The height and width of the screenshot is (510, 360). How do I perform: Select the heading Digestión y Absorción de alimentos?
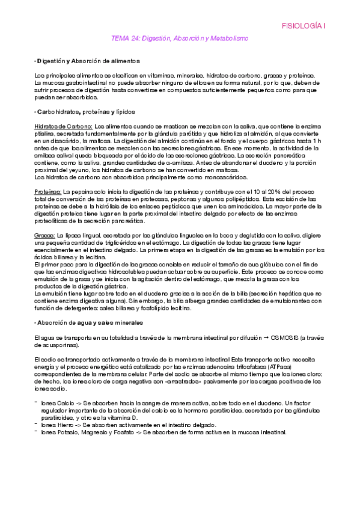pos(88,61)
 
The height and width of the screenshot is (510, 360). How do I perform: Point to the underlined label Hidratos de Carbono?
pos(63,126)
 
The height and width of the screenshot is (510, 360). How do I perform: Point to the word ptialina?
pos(46,133)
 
